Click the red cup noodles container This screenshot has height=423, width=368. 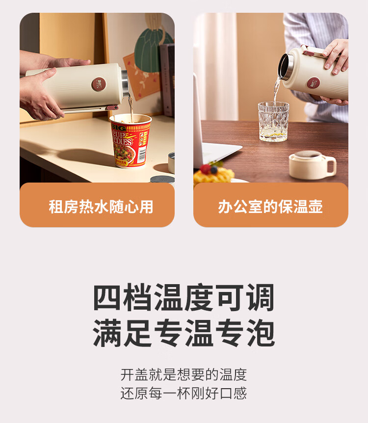tap(131, 140)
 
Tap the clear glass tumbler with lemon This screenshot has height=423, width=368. tap(273, 121)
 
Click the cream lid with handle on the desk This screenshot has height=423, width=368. tap(312, 165)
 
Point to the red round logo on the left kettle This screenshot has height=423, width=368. tap(99, 84)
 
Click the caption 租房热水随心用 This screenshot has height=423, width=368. tap(101, 207)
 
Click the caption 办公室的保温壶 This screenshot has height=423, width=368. tap(270, 207)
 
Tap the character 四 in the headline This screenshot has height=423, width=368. tap(107, 297)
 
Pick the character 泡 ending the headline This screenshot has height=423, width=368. tap(261, 333)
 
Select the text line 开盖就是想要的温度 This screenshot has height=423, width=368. tap(184, 374)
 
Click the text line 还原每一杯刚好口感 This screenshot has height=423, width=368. tap(184, 393)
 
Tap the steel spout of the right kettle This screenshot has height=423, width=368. tap(286, 67)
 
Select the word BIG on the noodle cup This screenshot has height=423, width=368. tap(119, 127)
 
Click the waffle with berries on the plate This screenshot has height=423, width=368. tap(213, 174)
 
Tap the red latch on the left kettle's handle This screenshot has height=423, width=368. tap(112, 107)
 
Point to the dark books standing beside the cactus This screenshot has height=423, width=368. tap(167, 80)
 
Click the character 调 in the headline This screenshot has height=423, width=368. tap(261, 297)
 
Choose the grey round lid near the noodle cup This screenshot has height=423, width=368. tap(162, 180)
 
